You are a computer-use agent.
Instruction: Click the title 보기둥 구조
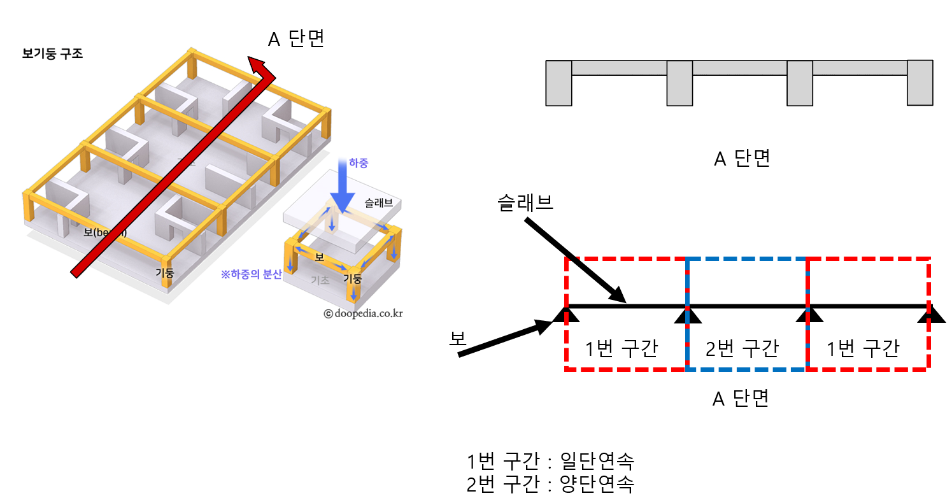click(x=52, y=53)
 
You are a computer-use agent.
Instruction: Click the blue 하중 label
click(x=359, y=164)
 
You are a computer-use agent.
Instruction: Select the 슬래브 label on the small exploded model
click(x=378, y=203)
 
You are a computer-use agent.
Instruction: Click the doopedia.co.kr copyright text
click(x=363, y=313)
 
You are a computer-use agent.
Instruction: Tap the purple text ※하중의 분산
click(x=250, y=275)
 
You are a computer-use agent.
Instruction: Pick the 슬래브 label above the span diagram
click(x=526, y=202)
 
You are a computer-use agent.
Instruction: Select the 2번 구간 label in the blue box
click(x=742, y=348)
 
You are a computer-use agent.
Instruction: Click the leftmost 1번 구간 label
click(x=621, y=348)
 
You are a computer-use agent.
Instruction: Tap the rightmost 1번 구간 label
click(x=863, y=348)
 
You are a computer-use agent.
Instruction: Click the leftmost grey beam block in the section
click(x=559, y=83)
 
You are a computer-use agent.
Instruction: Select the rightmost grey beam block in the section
click(x=920, y=83)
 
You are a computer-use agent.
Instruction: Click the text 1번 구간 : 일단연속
click(x=550, y=460)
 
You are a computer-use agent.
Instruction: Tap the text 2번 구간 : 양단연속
click(x=550, y=485)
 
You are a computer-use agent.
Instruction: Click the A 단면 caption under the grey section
click(x=742, y=159)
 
